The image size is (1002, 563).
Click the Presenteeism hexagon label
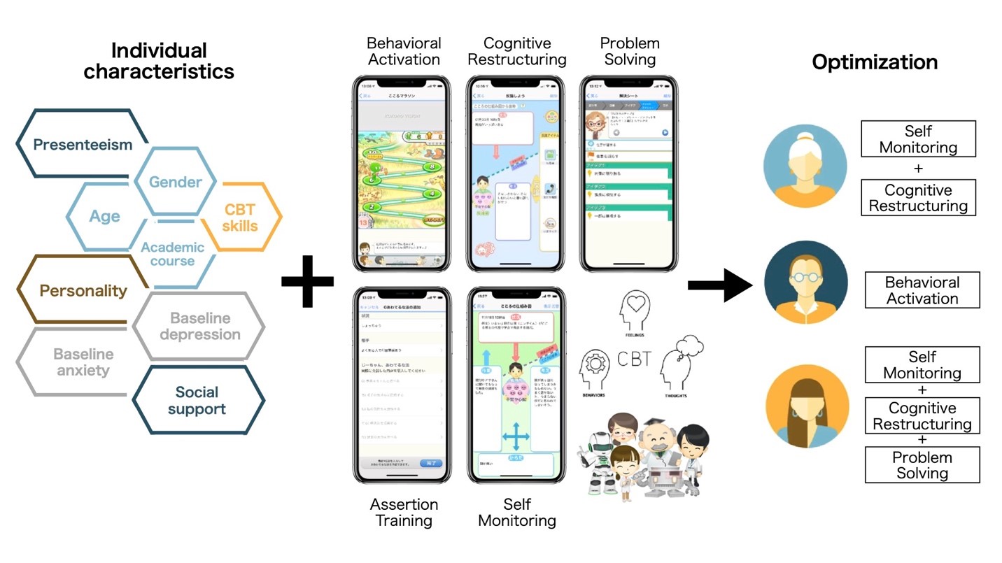tap(83, 145)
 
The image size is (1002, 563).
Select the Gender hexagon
tap(175, 182)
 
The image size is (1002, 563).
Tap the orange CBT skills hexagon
tap(241, 217)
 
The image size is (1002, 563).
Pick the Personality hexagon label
tap(83, 290)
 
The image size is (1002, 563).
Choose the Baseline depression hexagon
tap(199, 326)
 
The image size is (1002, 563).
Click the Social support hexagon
tap(197, 400)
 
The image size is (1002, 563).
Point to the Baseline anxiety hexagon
tap(83, 362)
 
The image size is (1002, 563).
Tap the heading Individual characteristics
tap(159, 61)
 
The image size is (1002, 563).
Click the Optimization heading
tap(874, 62)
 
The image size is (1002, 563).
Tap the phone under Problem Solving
tap(629, 173)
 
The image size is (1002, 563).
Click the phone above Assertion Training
tap(401, 385)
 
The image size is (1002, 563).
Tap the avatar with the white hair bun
tap(805, 166)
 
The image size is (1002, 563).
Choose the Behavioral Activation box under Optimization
tap(922, 290)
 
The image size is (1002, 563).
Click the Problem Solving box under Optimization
tap(922, 465)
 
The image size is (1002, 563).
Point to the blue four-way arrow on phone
tap(516, 438)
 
